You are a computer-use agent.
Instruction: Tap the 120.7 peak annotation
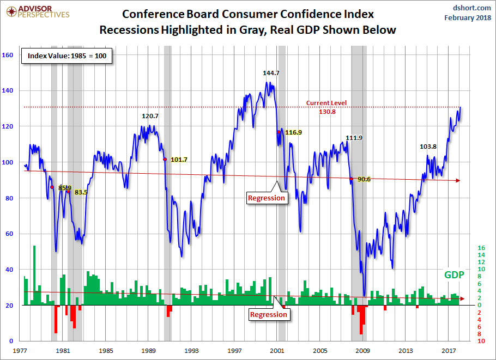coord(150,116)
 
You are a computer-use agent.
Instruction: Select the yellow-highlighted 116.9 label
coord(293,132)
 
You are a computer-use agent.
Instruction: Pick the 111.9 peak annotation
coord(354,138)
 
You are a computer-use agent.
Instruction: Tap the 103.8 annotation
coord(428,147)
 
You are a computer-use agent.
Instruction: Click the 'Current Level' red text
coord(326,103)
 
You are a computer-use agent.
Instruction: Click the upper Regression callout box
coord(267,198)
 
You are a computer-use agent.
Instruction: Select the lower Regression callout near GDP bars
coord(268,314)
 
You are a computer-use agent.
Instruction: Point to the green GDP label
coord(453,275)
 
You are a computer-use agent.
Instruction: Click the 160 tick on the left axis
coord(8,55)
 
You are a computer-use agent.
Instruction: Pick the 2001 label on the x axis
coord(277,350)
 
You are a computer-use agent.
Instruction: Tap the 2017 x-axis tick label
coord(449,350)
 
